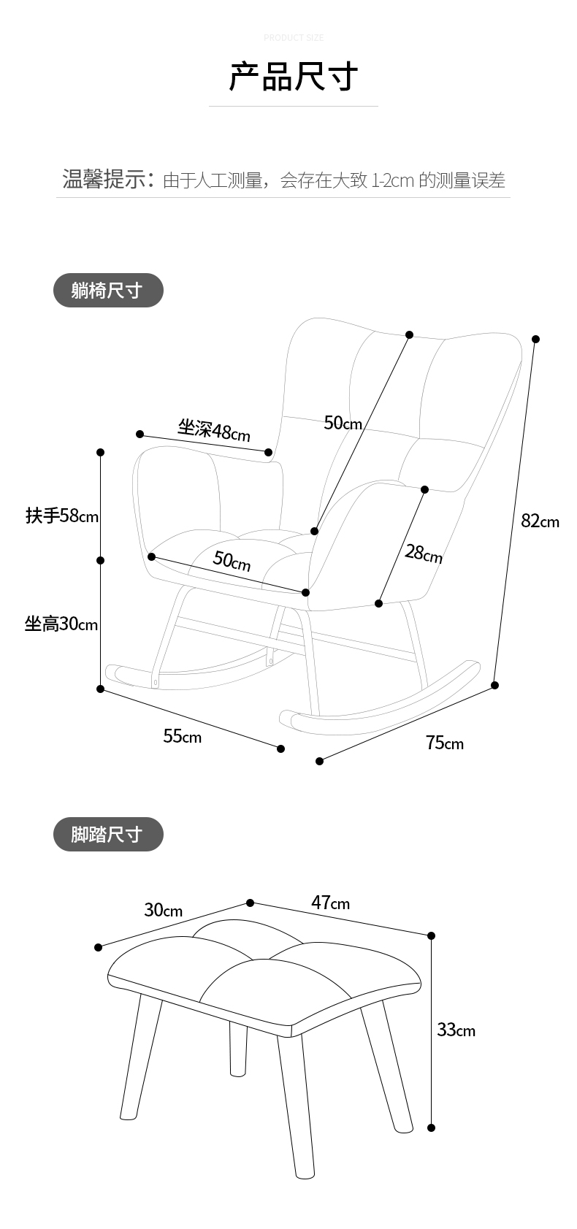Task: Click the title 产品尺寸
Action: point(293,77)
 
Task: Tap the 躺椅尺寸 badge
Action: point(108,291)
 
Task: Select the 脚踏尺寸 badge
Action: point(108,834)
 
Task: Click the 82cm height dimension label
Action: point(540,521)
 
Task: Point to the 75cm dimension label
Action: point(444,743)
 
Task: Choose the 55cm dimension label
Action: point(182,735)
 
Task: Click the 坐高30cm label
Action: point(61,624)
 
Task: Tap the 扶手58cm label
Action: point(62,516)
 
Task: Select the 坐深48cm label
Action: point(213,430)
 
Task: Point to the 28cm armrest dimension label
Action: point(424,554)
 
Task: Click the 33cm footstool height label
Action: point(456,1030)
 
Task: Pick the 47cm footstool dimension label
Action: point(330,903)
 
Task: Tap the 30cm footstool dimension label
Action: point(163,910)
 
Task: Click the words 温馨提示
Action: point(104,179)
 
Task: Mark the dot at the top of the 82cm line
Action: point(535,339)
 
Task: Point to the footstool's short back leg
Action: point(238,1049)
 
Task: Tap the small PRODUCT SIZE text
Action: point(293,37)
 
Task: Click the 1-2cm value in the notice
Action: point(393,180)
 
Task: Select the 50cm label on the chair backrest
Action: point(343,423)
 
